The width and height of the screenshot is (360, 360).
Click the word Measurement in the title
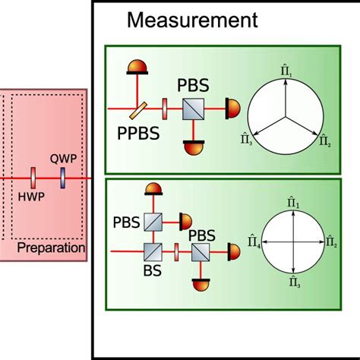point(192,21)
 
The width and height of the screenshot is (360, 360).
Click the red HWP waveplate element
point(33,176)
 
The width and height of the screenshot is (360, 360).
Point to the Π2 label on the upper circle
point(324,140)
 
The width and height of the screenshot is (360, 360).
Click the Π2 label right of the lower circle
point(331,242)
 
